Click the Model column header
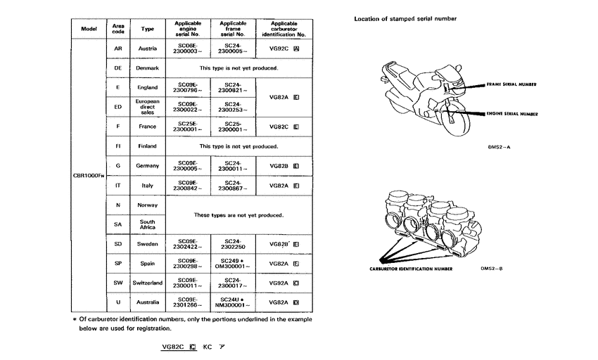[89, 29]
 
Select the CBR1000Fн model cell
[89, 174]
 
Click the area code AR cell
[118, 49]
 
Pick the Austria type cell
[148, 49]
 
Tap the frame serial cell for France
[231, 127]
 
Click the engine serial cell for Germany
[189, 166]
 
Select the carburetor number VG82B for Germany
[284, 166]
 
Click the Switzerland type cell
[148, 283]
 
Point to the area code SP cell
[118, 263]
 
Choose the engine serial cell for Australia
[189, 302]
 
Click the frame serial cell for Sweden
[231, 244]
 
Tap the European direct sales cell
[148, 107]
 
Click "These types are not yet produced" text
[238, 214]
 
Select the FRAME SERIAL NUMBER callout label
[511, 84]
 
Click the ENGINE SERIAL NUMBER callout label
[511, 112]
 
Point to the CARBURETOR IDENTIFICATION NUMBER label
[411, 269]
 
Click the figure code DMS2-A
[498, 148]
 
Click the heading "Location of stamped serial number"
[405, 18]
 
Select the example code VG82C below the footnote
[174, 347]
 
